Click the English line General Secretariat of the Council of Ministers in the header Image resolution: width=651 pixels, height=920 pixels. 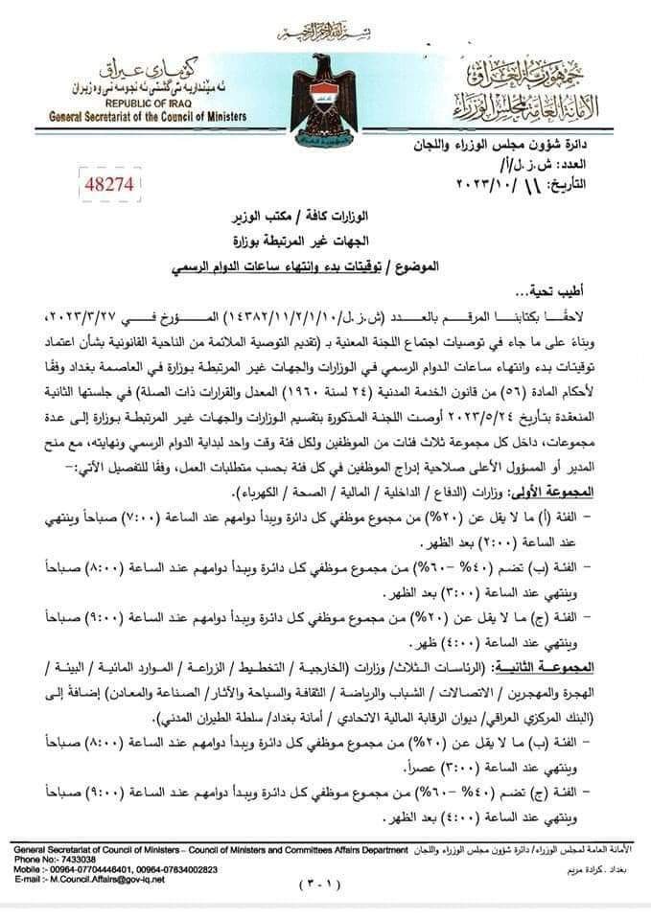(149, 116)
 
